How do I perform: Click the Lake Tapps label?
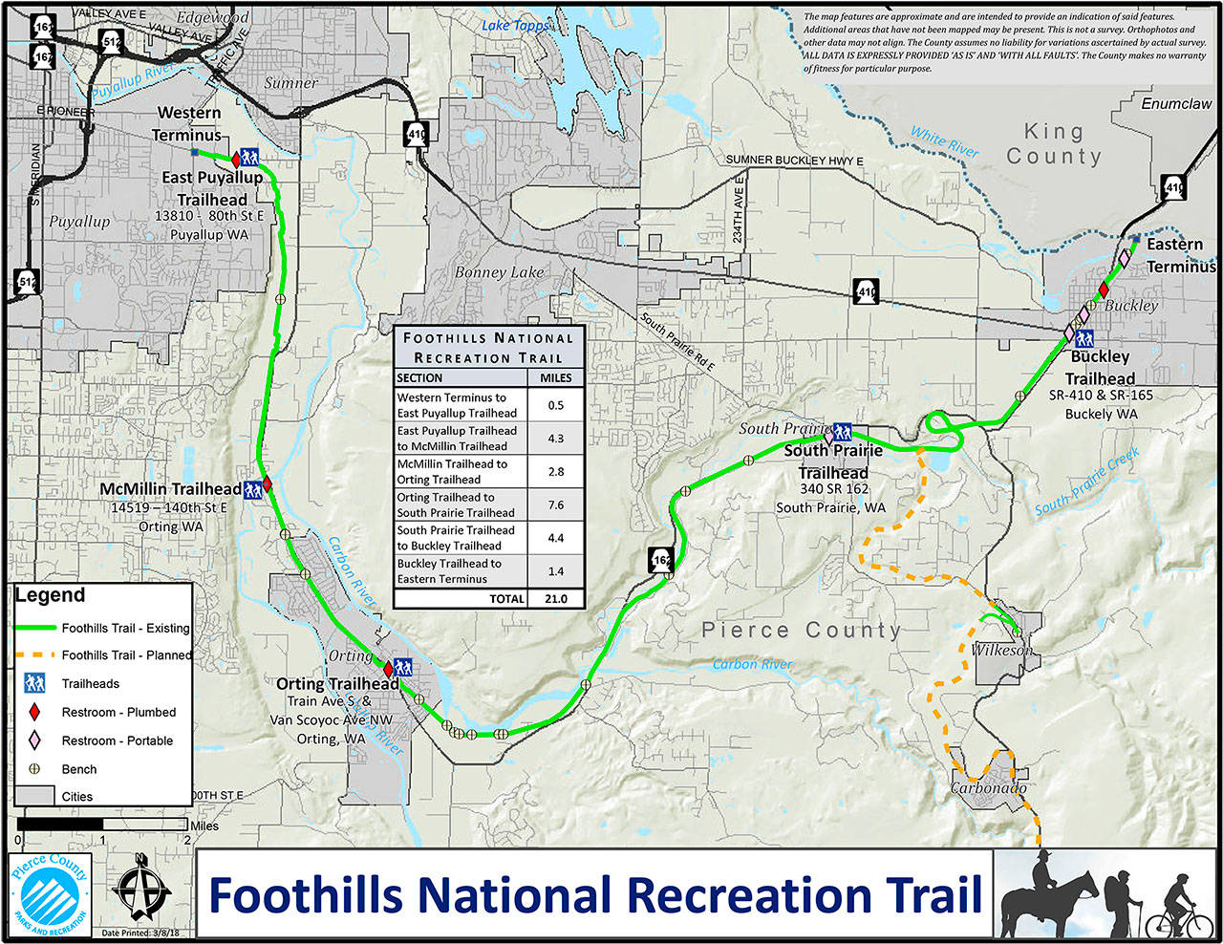(516, 26)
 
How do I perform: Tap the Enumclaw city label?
(1176, 103)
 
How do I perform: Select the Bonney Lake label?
(499, 272)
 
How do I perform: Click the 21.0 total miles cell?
(555, 599)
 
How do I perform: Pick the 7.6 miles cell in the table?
(555, 504)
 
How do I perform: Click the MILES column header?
(555, 377)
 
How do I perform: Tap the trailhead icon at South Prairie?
(842, 431)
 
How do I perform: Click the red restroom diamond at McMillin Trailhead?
(268, 484)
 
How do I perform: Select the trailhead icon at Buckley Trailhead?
(1084, 338)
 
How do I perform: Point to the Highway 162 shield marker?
(660, 561)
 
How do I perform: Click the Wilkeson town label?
(999, 650)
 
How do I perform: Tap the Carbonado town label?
(987, 788)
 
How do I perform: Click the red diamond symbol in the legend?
(34, 712)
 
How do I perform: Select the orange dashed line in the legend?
(34, 655)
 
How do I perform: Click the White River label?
(944, 141)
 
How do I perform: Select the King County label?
(1054, 143)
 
